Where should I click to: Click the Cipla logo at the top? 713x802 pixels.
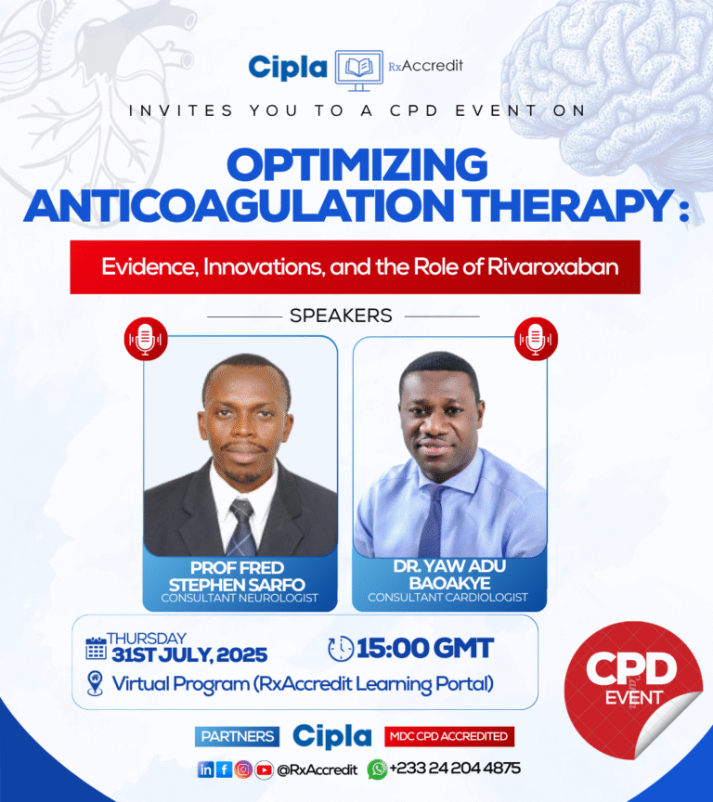click(288, 68)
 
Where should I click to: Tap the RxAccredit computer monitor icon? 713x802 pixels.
click(358, 70)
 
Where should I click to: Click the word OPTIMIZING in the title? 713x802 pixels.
click(357, 166)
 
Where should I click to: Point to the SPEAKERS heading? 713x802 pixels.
click(341, 316)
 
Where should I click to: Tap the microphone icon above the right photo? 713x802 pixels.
click(536, 339)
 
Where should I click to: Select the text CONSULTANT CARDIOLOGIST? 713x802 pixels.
click(447, 597)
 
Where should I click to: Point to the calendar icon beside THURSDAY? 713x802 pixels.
click(96, 647)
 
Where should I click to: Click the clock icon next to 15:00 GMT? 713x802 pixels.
click(342, 647)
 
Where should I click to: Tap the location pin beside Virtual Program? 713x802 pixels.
click(95, 684)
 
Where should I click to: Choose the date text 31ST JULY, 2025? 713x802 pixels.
click(188, 654)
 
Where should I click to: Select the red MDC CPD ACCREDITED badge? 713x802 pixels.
click(449, 736)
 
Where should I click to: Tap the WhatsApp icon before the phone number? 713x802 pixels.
click(377, 769)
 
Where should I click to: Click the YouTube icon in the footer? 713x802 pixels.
click(265, 769)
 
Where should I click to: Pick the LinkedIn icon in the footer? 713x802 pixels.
click(205, 769)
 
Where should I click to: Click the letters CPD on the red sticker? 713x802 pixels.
click(631, 670)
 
